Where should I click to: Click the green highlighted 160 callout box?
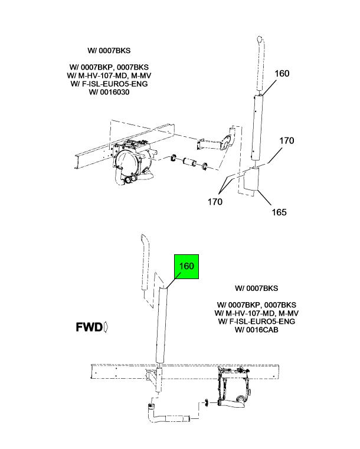[x=186, y=266]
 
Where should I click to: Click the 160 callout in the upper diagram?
[x=282, y=74]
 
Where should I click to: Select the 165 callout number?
[x=279, y=212]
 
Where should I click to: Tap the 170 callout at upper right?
[x=287, y=140]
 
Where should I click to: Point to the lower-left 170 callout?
[x=215, y=202]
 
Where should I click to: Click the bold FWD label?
[x=89, y=327]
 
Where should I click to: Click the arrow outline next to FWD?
[x=106, y=327]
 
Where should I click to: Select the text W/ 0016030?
[x=109, y=92]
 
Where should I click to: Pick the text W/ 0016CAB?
[x=256, y=330]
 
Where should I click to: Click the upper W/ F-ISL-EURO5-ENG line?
[x=109, y=84]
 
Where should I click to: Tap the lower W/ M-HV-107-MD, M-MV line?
[x=256, y=313]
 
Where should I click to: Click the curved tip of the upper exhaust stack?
[x=260, y=39]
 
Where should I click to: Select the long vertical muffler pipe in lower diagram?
[x=161, y=326]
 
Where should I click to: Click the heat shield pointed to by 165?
[x=251, y=179]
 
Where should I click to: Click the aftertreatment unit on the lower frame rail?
[x=234, y=386]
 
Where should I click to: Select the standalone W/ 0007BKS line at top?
[x=109, y=51]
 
